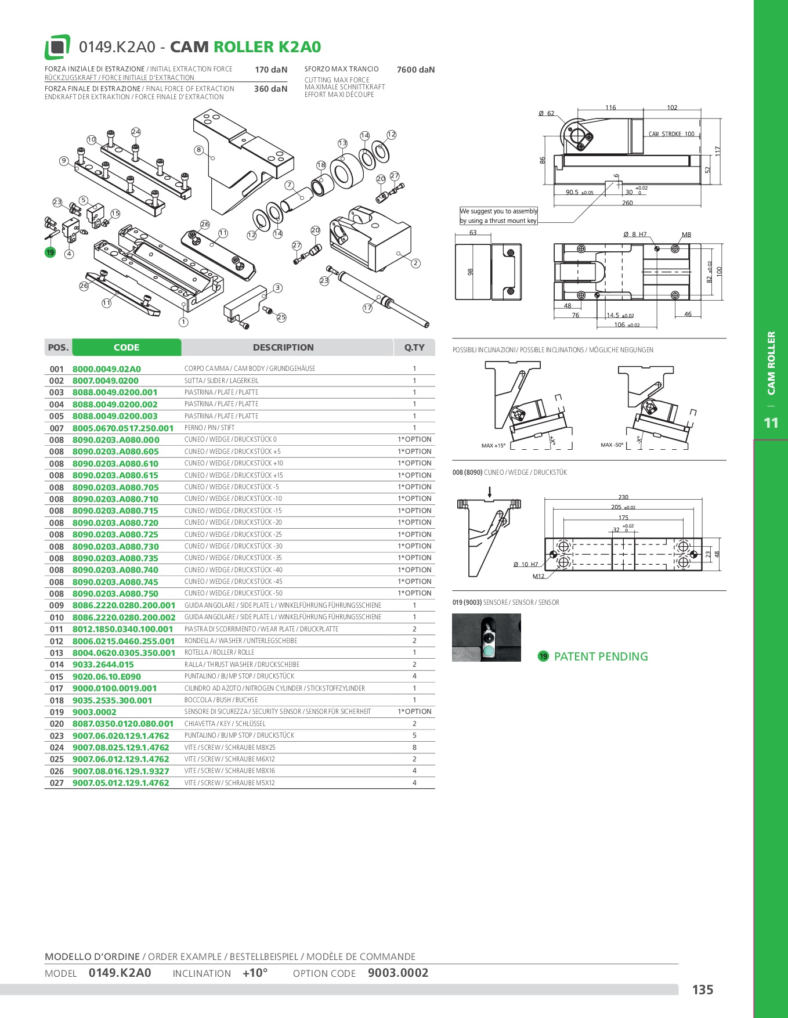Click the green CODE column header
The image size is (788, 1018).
tap(126, 347)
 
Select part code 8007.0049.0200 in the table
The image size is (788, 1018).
tap(106, 381)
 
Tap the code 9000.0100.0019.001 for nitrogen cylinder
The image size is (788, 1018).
tap(115, 688)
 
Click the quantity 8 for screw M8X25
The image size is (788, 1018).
tap(414, 748)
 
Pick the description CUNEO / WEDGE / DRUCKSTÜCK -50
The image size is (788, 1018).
tap(233, 593)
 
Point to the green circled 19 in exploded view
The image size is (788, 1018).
tap(50, 252)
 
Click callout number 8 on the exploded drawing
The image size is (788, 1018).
tap(199, 150)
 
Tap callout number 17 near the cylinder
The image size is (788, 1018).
tap(367, 308)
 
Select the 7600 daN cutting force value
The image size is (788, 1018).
tap(415, 70)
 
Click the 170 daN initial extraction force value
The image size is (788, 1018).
tap(271, 70)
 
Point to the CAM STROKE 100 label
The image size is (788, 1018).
tap(671, 134)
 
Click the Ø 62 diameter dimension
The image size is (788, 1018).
tap(546, 114)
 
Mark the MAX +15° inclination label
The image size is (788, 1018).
tap(493, 446)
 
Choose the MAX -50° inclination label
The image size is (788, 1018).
tap(612, 445)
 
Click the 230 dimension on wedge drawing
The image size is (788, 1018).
tap(623, 497)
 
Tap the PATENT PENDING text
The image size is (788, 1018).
tap(601, 656)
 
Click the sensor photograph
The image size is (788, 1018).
tap(486, 637)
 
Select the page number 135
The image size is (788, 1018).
tap(703, 990)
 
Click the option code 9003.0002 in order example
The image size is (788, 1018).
tap(398, 973)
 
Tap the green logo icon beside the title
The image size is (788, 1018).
tap(57, 47)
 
